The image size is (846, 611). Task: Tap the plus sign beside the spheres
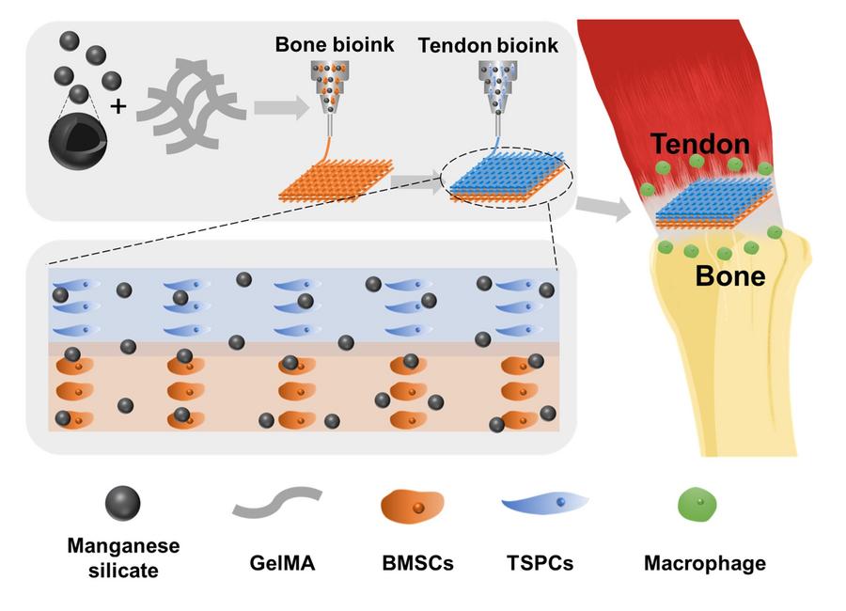(118, 106)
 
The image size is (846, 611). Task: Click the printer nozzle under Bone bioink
(329, 90)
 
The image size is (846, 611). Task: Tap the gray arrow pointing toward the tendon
(603, 209)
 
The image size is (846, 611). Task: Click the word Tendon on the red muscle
(700, 144)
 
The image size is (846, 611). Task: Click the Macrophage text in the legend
(704, 564)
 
